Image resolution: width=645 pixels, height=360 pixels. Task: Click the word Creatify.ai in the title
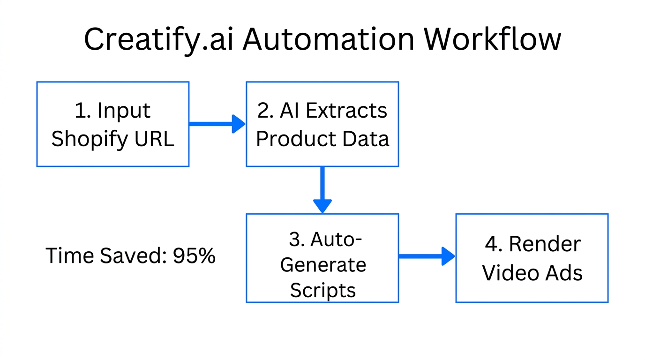point(159,40)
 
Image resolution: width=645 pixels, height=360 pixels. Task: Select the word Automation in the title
point(328,39)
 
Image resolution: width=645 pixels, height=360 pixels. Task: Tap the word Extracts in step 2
point(346,111)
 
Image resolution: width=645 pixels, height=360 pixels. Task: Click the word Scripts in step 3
point(322,290)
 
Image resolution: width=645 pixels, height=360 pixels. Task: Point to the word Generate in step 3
point(322,265)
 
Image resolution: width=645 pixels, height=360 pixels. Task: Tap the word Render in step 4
point(545,244)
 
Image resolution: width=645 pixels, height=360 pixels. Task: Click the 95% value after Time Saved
point(194,256)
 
